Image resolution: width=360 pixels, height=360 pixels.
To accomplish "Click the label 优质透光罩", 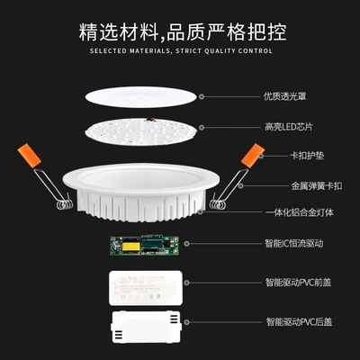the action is click(x=285, y=96).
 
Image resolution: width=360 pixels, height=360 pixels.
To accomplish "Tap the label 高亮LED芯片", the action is click(x=289, y=127).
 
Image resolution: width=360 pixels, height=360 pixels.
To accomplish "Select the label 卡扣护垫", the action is click(x=307, y=156).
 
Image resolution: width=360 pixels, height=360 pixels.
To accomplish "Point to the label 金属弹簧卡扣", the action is click(x=317, y=186).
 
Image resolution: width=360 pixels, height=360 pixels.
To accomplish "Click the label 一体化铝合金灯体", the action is click(x=300, y=212).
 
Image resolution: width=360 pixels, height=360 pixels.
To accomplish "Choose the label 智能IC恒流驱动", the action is click(x=294, y=243).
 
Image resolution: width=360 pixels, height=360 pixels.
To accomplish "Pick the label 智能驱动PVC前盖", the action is click(x=298, y=283).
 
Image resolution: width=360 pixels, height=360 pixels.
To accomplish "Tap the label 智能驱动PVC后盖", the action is click(x=299, y=322).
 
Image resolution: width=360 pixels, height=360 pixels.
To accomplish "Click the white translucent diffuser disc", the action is click(x=141, y=97).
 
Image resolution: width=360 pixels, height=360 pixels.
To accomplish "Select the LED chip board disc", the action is click(x=141, y=131).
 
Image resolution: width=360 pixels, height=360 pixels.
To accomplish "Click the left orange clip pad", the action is click(x=29, y=156).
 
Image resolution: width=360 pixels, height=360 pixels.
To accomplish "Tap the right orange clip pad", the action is click(x=253, y=156).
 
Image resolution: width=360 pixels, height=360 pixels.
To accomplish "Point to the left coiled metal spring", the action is click(x=65, y=204).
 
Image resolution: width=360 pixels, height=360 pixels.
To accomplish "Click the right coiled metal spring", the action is click(x=217, y=204).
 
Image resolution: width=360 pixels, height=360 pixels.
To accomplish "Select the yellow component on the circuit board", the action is click(x=130, y=247).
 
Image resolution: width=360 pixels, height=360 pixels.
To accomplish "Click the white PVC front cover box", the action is click(x=146, y=288).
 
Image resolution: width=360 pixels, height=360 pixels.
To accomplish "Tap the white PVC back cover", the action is click(x=146, y=327).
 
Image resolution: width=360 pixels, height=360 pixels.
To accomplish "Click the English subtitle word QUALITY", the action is click(x=220, y=51).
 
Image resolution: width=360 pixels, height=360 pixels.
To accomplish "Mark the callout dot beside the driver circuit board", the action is click(x=186, y=244).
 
